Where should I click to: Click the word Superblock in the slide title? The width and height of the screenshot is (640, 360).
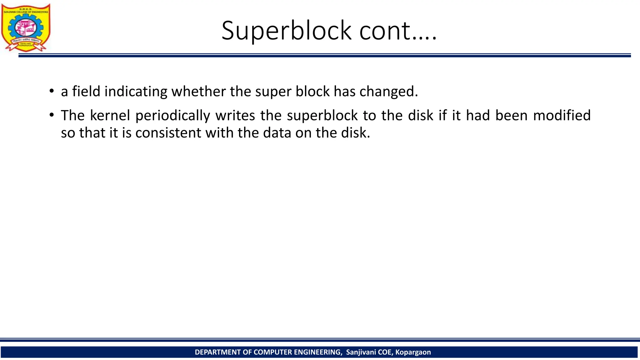286,31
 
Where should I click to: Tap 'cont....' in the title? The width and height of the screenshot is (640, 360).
398,31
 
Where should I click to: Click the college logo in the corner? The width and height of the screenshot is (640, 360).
26,27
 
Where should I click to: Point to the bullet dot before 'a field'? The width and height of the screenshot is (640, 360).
52,91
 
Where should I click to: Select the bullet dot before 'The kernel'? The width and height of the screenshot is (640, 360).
52,115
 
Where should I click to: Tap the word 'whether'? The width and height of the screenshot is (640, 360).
198,91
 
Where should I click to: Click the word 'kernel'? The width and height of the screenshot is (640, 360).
110,115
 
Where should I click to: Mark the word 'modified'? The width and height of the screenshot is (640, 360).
562,115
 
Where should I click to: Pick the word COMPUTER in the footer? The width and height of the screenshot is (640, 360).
273,352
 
